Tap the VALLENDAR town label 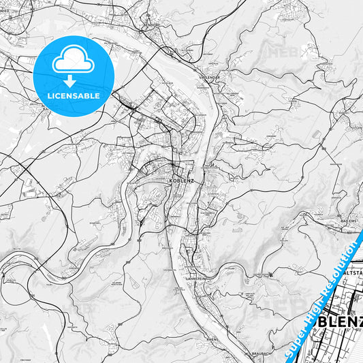click(x=210, y=78)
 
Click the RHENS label click(x=212, y=337)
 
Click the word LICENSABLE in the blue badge click(x=74, y=96)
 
